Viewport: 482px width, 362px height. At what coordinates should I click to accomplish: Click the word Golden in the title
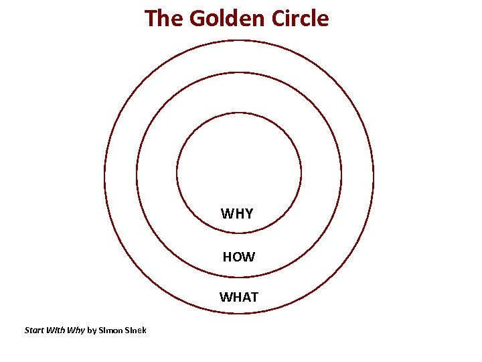click(227, 18)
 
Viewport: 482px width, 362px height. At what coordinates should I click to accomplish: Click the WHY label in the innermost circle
click(237, 214)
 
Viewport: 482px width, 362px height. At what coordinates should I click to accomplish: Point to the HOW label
click(238, 256)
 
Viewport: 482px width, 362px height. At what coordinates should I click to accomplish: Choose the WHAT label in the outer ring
click(238, 296)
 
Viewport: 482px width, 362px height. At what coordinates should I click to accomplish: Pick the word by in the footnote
click(92, 330)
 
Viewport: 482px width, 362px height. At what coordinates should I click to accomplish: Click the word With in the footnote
click(56, 330)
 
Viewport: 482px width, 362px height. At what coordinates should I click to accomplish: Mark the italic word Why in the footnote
click(76, 330)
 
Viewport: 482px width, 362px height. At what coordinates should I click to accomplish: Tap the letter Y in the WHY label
click(248, 214)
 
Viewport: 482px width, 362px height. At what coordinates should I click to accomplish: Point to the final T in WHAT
click(254, 296)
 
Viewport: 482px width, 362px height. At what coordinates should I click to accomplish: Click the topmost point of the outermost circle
click(239, 40)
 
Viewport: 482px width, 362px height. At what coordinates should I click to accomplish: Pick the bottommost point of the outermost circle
click(239, 313)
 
